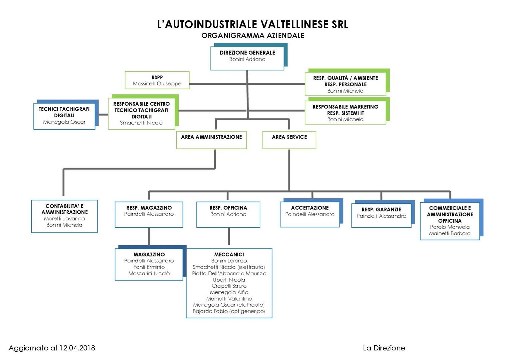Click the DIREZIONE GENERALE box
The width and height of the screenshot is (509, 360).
247,58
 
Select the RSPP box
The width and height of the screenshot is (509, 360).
157,80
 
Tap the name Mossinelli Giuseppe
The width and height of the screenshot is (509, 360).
157,84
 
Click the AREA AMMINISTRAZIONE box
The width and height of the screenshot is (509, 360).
211,140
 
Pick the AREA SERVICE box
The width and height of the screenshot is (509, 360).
289,140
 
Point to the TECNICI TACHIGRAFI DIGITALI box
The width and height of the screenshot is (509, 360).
64,116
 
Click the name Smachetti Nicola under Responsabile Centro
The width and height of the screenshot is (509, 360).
141,123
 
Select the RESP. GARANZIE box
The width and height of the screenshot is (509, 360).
381,215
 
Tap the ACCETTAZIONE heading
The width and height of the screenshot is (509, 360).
310,208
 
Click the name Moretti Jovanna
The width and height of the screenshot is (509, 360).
64,219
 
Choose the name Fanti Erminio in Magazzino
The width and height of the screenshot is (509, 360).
149,267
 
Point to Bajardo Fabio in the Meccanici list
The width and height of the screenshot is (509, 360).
229,311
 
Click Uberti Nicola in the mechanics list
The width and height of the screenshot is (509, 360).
229,280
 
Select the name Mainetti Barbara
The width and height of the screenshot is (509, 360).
450,233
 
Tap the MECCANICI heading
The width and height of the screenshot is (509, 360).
229,255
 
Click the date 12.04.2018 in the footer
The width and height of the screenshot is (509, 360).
77,348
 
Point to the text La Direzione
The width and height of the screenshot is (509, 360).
384,348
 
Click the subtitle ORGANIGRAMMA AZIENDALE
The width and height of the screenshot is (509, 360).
253,35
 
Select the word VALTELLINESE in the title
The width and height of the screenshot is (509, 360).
294,24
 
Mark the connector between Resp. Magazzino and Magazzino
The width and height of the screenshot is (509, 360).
149,236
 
